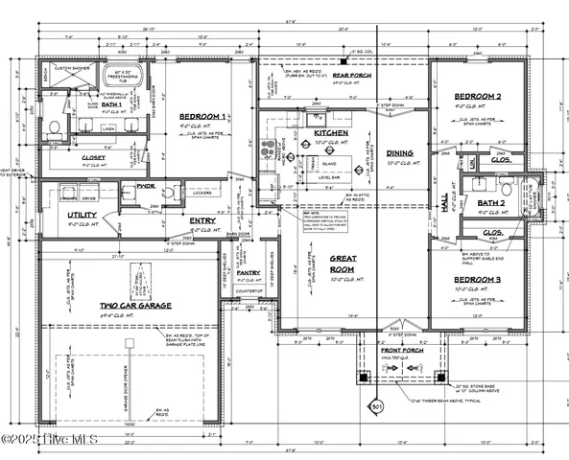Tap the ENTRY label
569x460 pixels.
(x=202, y=220)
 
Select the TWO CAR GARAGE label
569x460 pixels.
(x=135, y=307)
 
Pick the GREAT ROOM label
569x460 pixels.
(x=344, y=264)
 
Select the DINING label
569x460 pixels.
(x=399, y=152)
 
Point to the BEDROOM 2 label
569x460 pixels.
(x=478, y=96)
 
